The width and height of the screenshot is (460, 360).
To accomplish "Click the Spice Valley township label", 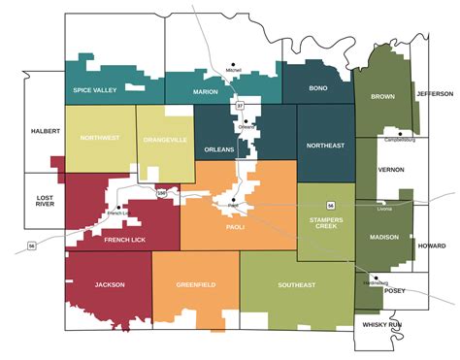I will coord(94,90).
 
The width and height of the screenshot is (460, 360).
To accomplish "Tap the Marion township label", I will coord(206,91).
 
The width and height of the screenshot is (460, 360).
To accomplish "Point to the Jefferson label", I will coord(435,94).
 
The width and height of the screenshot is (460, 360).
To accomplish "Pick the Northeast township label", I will coord(325,146).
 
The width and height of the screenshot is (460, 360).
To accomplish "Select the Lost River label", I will coord(45,201).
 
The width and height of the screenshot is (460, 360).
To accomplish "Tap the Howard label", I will coord(432,246).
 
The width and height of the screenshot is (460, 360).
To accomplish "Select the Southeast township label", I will coord(297,285).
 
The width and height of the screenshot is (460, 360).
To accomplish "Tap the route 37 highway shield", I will coord(239,105).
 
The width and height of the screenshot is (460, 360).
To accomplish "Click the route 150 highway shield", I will coord(162,194).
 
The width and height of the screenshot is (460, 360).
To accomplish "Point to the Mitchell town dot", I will coord(233,64).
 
